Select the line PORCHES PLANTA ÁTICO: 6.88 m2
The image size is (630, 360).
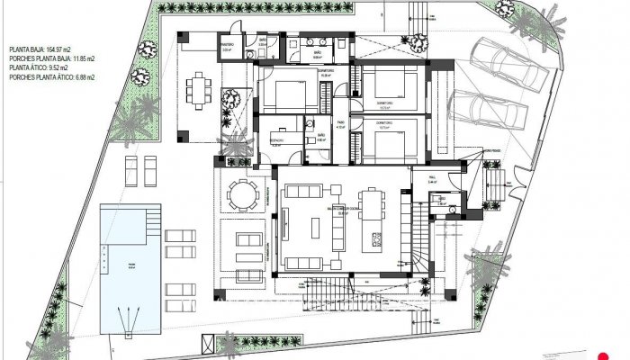click(x=51, y=78)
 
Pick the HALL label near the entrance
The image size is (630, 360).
click(x=432, y=179)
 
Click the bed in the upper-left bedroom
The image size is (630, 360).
click(x=289, y=94)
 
